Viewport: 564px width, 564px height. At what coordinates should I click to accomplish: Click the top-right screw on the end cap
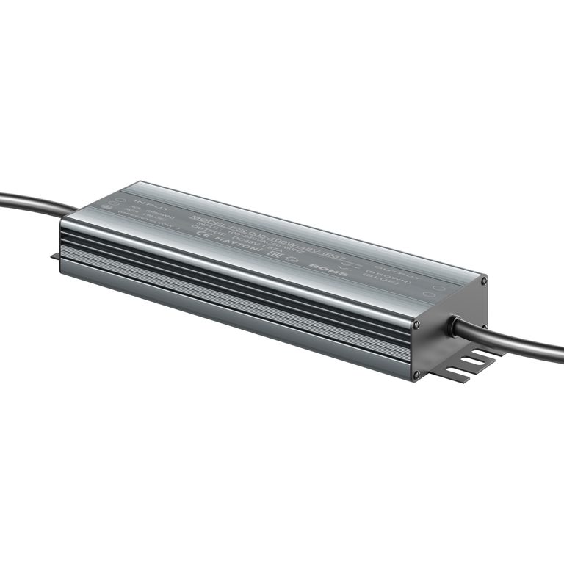pos(482,281)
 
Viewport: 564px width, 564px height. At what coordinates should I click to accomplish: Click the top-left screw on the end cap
pos(416,324)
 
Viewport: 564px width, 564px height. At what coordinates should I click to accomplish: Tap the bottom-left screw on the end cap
pos(417,375)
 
